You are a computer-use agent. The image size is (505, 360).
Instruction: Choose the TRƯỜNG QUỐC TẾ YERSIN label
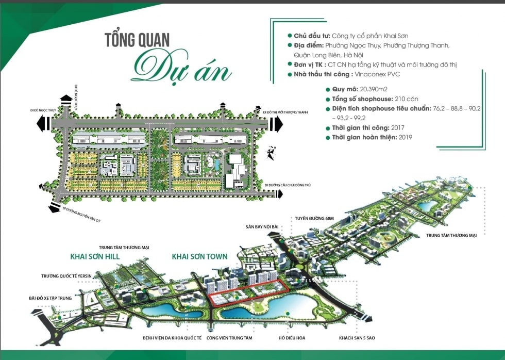[x=66, y=276]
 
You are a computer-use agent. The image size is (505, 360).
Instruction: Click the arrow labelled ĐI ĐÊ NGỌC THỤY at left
[x=43, y=123]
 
